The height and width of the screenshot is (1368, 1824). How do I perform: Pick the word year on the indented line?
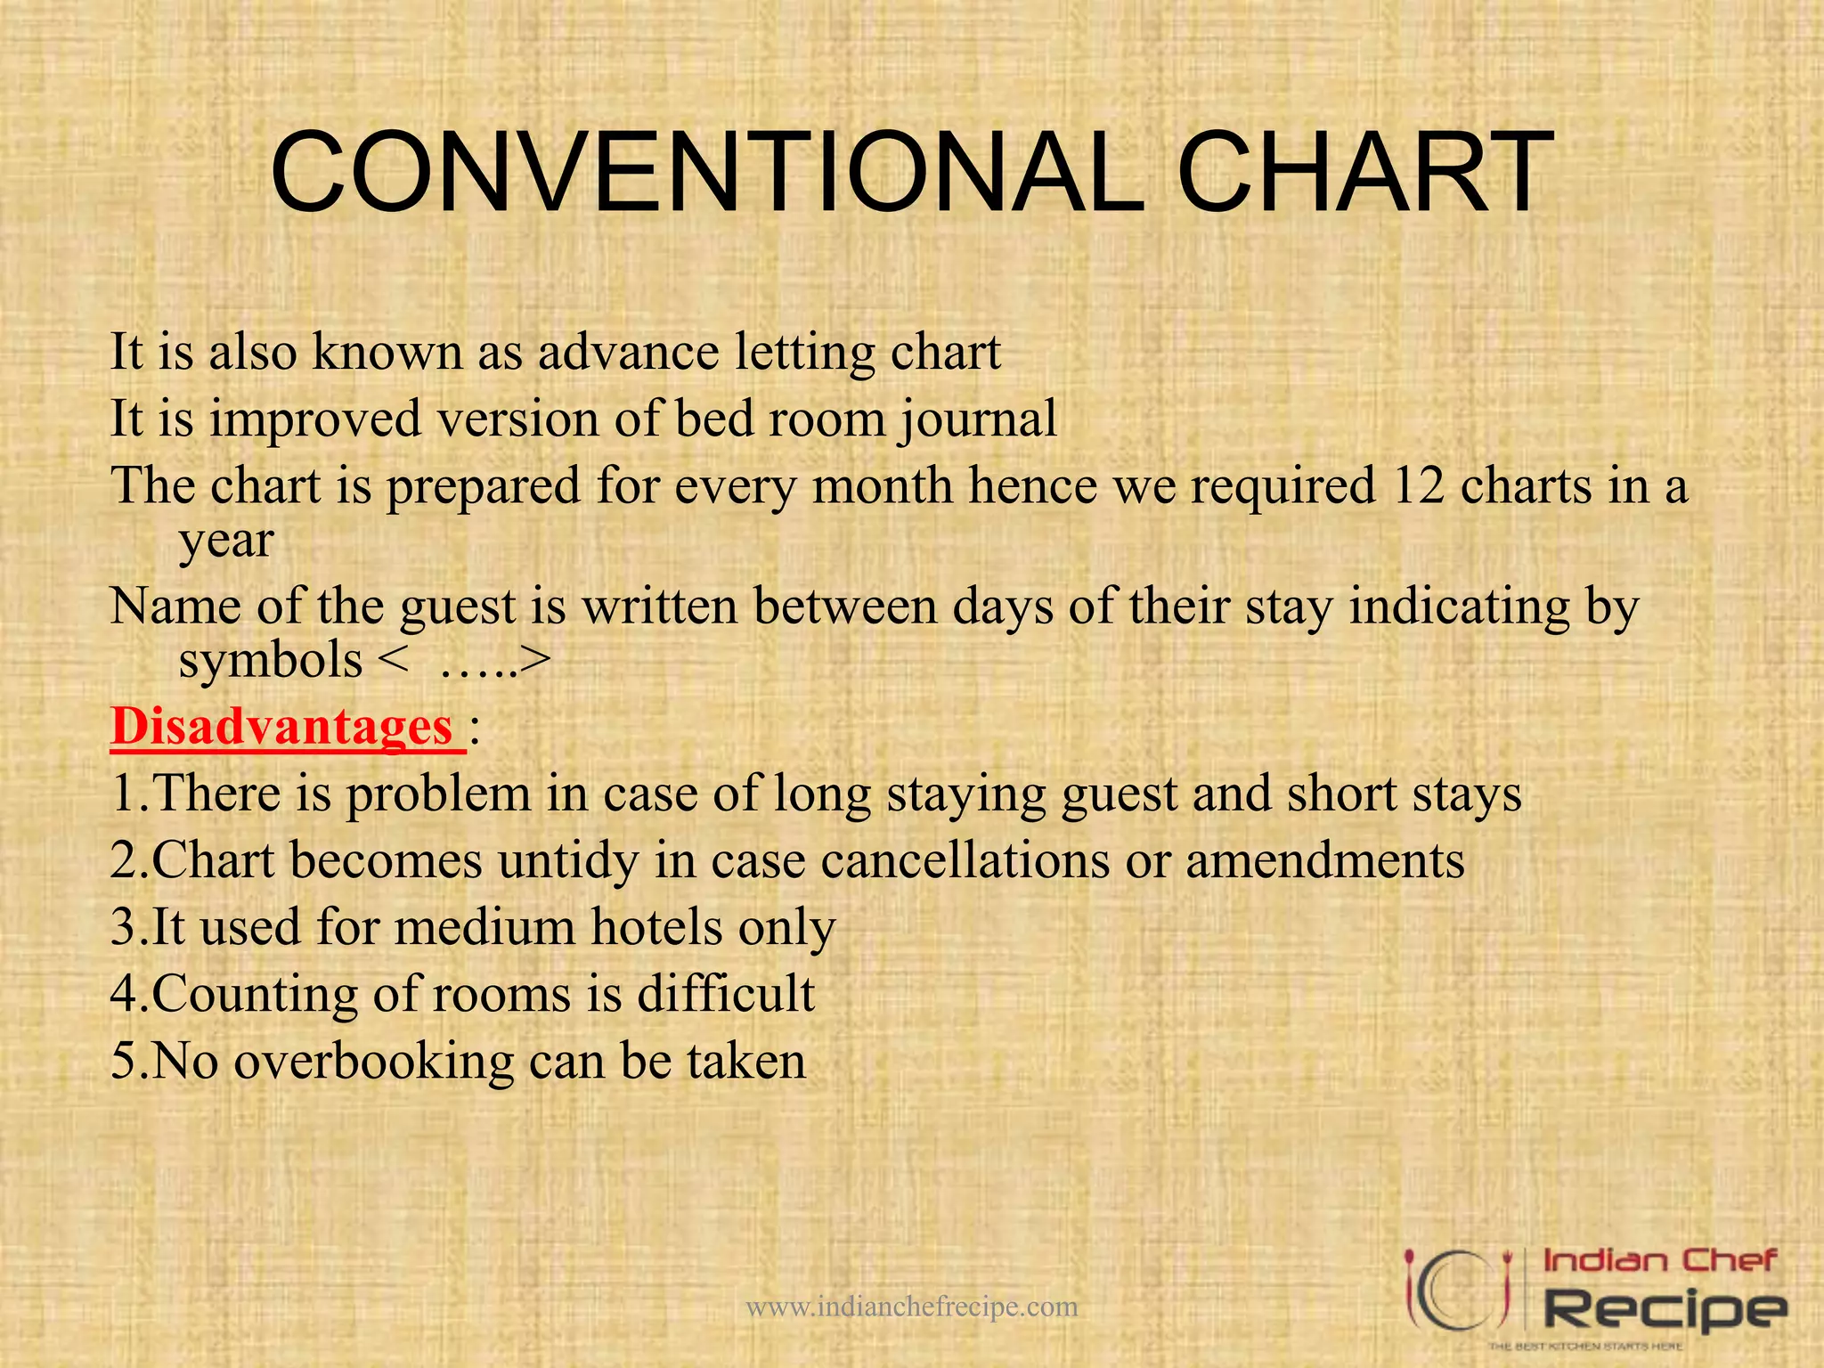pos(226,541)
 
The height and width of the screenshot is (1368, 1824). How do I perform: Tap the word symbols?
pos(271,661)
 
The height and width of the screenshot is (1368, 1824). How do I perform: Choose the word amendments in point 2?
pos(1324,860)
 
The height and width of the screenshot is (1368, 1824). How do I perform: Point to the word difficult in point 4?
pos(725,994)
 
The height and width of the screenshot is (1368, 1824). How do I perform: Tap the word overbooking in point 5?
pos(374,1061)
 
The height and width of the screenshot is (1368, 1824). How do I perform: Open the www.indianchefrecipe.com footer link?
pos(911,1307)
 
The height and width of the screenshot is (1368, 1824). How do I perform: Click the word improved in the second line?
pos(315,419)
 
